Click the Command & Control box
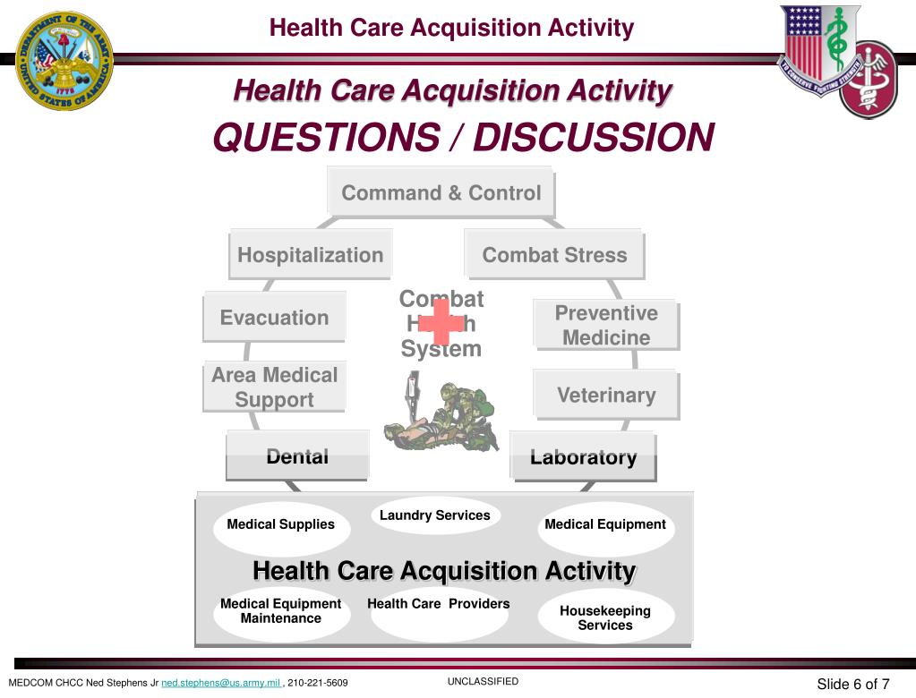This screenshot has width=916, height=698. [x=441, y=192]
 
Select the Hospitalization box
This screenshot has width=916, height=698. [x=310, y=255]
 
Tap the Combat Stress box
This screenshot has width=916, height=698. [x=554, y=255]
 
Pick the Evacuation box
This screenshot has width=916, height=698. [x=274, y=318]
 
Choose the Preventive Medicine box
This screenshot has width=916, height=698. [x=605, y=325]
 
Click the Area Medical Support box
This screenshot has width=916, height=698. [x=274, y=387]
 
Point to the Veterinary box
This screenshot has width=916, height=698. [x=606, y=395]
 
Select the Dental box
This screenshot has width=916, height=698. [x=297, y=456]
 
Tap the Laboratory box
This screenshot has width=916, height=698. [x=583, y=457]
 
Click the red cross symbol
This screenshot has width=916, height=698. [x=441, y=322]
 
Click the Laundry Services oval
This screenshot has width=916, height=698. [x=435, y=516]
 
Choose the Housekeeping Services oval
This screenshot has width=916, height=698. [x=605, y=617]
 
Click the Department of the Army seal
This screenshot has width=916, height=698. [x=64, y=61]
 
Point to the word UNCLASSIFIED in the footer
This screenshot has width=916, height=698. [x=483, y=681]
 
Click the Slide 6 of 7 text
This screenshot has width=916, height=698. [x=852, y=685]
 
